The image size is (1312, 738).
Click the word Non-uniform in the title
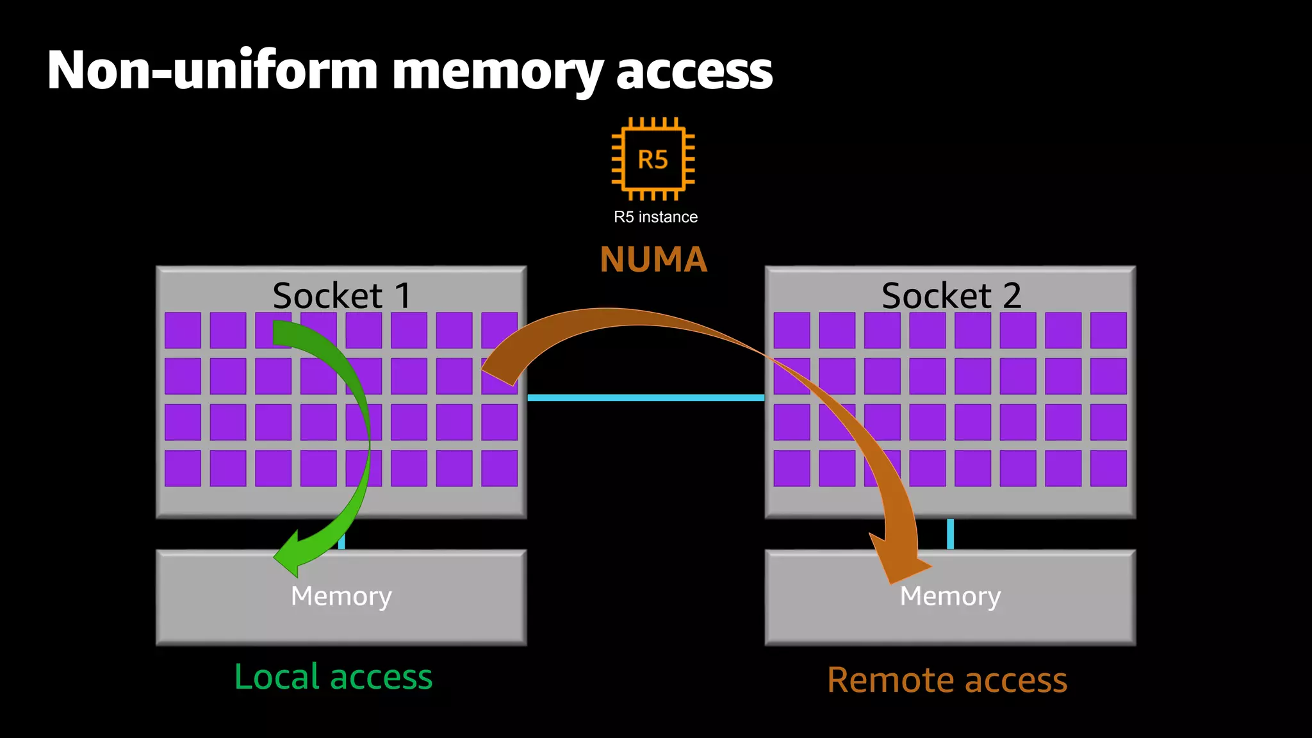(211, 70)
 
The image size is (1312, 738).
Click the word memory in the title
(496, 72)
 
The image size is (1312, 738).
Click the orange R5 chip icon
(653, 159)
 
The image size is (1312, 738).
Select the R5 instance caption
(655, 217)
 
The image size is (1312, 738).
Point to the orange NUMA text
(653, 259)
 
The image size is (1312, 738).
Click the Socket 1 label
(341, 295)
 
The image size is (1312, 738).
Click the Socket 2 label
(951, 295)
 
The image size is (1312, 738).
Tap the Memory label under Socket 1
(341, 596)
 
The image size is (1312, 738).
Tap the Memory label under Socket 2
(950, 596)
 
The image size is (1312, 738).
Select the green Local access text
(333, 676)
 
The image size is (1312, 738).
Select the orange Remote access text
(947, 680)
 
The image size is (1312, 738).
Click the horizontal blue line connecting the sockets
(646, 398)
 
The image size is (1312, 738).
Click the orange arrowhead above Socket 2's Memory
(897, 557)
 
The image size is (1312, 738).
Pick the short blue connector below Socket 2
(950, 534)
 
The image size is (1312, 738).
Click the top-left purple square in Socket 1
(183, 330)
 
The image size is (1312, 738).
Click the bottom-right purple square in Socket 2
(1108, 468)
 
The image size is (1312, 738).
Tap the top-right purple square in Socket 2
(1108, 330)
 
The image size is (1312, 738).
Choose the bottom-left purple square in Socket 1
(183, 468)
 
